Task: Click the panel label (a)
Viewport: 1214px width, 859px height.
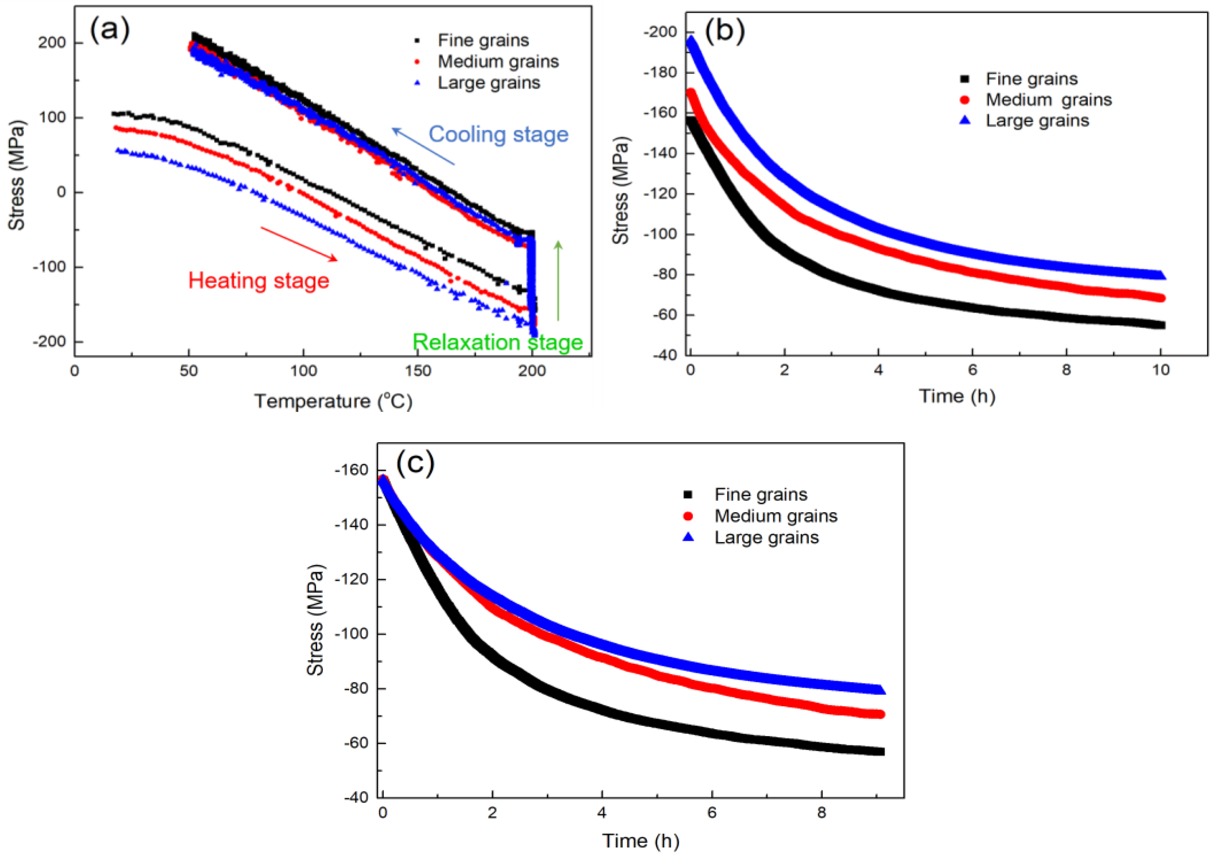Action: click(x=109, y=30)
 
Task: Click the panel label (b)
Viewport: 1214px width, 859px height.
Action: click(x=725, y=31)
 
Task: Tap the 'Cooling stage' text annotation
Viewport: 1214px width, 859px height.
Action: click(x=498, y=134)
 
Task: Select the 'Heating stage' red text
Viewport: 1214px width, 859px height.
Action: click(x=259, y=280)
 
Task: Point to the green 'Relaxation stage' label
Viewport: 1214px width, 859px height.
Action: click(x=497, y=342)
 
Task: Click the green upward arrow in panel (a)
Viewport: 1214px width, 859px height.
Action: click(x=558, y=280)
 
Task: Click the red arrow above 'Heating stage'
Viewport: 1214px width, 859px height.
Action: click(x=299, y=243)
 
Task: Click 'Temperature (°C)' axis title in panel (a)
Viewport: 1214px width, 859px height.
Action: click(x=333, y=402)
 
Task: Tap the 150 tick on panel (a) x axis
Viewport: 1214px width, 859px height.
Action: click(x=418, y=371)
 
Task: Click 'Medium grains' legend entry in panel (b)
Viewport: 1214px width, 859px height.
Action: click(x=1048, y=100)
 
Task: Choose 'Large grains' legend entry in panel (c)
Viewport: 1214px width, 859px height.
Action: click(x=766, y=538)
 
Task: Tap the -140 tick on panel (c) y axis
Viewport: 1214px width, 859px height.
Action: click(x=351, y=525)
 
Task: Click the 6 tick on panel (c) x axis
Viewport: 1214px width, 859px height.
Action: click(x=711, y=812)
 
